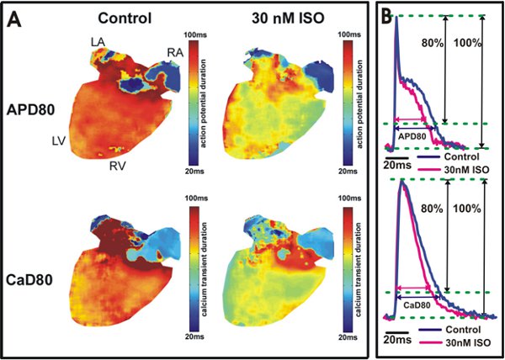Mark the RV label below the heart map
pyautogui.click(x=118, y=166)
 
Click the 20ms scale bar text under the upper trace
pyautogui.click(x=399, y=167)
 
